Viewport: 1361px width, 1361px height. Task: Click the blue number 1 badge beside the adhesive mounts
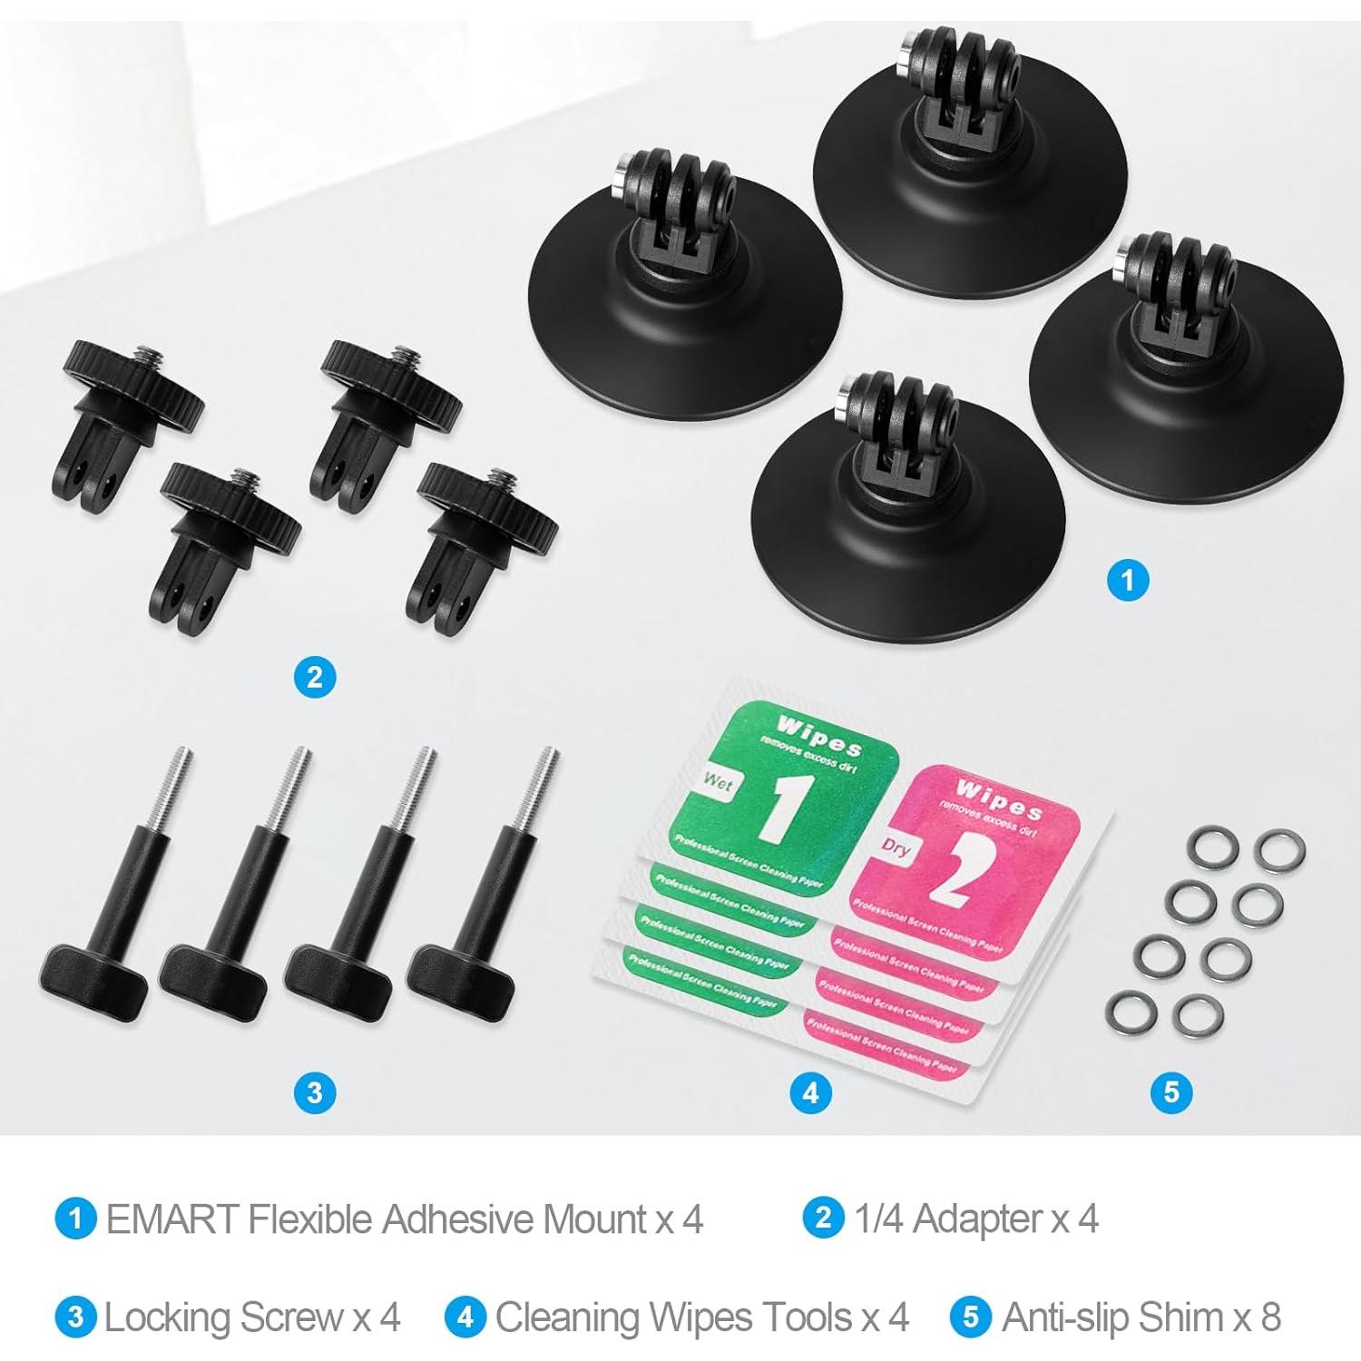pyautogui.click(x=1128, y=579)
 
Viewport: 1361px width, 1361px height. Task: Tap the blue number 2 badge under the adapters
pyautogui.click(x=315, y=677)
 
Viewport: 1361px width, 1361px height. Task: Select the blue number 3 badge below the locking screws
pyautogui.click(x=315, y=1092)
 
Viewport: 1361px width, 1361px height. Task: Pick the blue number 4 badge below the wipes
pyautogui.click(x=810, y=1092)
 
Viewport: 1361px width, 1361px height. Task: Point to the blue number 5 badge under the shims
pyautogui.click(x=1170, y=1092)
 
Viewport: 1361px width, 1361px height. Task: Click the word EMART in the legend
pyautogui.click(x=172, y=1219)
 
